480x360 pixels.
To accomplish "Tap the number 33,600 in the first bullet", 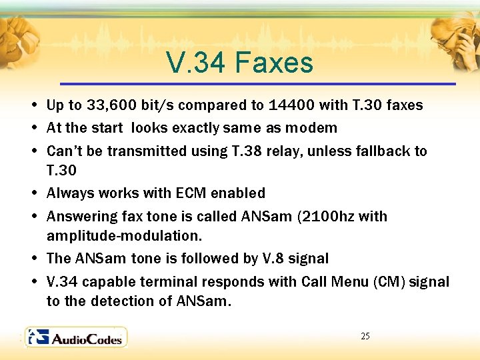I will pos(110,105).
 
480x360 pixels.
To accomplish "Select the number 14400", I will pos(290,105).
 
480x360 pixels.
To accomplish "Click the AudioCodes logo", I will pos(75,337).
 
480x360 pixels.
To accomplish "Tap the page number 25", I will pos(365,336).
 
